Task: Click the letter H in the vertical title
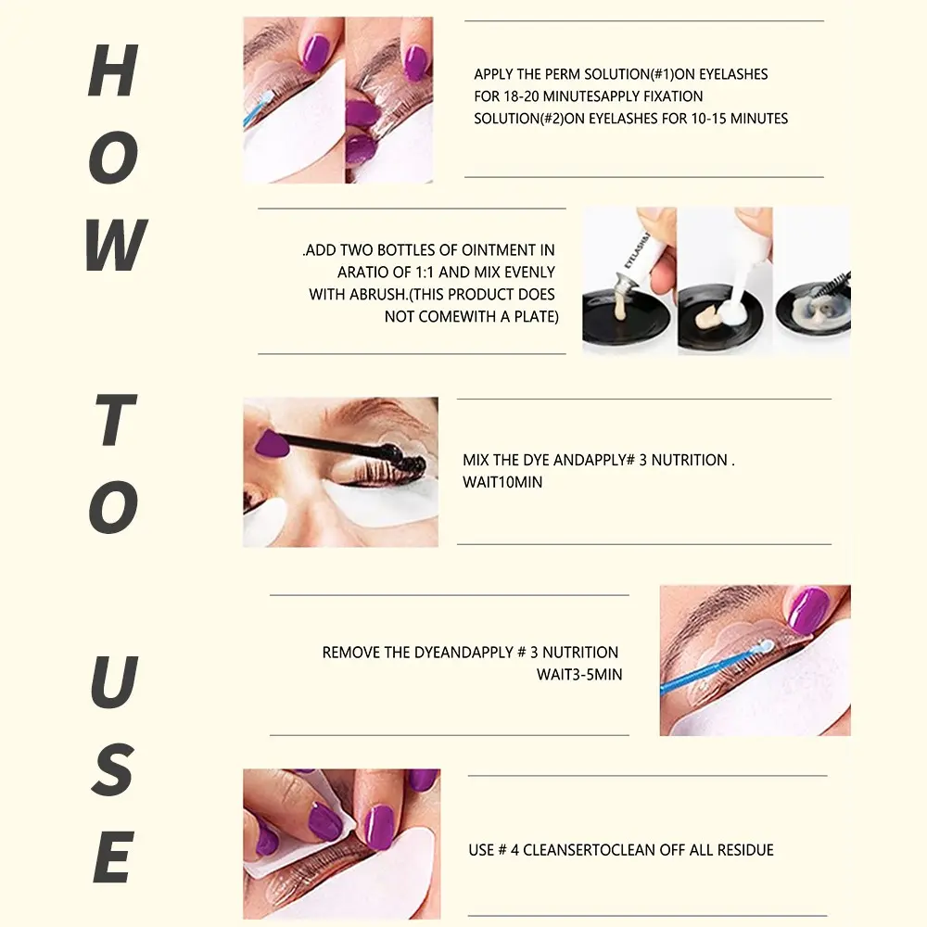click(x=113, y=70)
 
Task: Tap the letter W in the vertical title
click(x=116, y=245)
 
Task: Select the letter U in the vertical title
click(x=114, y=681)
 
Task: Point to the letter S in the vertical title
click(x=112, y=769)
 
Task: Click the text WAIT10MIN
click(x=502, y=482)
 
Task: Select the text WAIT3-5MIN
click(x=579, y=675)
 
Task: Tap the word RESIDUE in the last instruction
click(x=745, y=850)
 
